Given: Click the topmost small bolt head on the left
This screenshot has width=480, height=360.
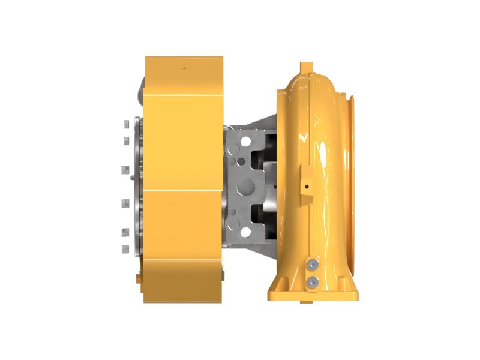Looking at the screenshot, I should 125,124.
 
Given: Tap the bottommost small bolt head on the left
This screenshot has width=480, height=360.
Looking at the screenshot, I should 125,248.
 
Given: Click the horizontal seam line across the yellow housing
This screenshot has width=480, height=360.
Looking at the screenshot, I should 183,193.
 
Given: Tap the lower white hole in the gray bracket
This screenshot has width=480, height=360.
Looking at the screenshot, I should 245,232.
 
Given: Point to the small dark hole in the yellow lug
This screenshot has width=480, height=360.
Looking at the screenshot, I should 307,187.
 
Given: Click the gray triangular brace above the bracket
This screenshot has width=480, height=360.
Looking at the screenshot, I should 255,123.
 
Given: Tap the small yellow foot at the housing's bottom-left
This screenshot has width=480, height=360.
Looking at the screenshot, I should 140,278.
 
